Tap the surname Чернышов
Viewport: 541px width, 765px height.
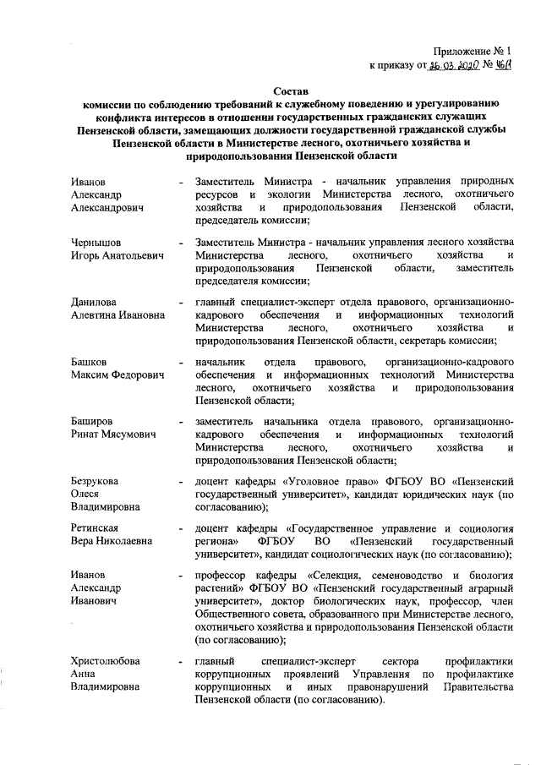point(96,243)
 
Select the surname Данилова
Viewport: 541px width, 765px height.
point(94,302)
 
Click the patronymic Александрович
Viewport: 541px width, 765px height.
point(107,207)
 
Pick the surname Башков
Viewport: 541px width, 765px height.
point(91,362)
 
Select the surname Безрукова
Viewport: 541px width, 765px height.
point(95,481)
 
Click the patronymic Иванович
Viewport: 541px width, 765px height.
point(94,601)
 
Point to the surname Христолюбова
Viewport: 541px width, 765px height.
point(105,660)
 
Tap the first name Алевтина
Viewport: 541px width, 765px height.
point(98,314)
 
